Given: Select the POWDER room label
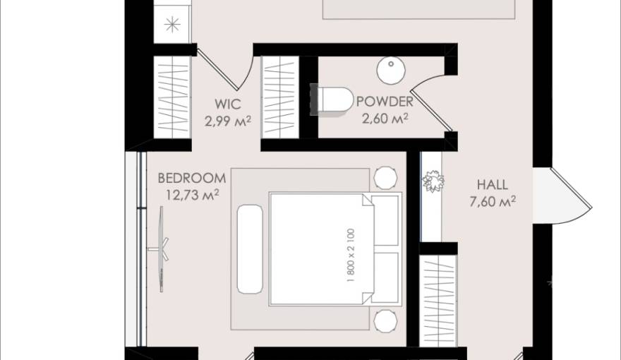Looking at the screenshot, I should [385, 102].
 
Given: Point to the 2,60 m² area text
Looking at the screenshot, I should [385, 119].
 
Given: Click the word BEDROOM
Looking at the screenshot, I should [192, 178].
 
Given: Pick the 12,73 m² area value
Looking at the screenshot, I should [192, 194].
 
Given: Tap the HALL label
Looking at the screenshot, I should [492, 185].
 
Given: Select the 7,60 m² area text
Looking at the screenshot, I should [492, 202].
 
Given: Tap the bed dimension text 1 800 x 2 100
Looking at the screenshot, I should [351, 255].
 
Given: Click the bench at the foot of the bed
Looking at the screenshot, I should [249, 248].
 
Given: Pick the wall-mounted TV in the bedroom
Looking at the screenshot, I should [162, 248].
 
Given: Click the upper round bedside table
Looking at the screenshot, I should [385, 178].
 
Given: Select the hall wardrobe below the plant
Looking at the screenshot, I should [438, 300].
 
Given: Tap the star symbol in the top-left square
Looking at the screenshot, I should [171, 25].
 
